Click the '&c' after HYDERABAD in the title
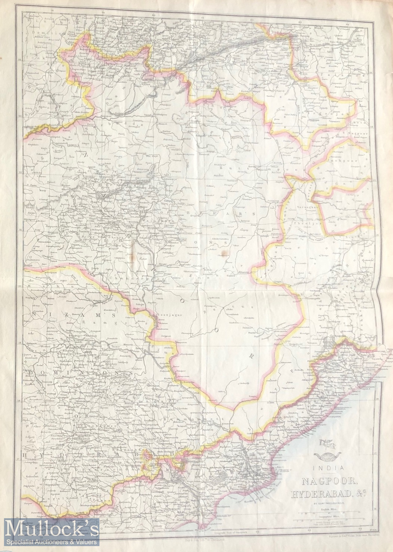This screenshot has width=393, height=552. coord(360,492)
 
